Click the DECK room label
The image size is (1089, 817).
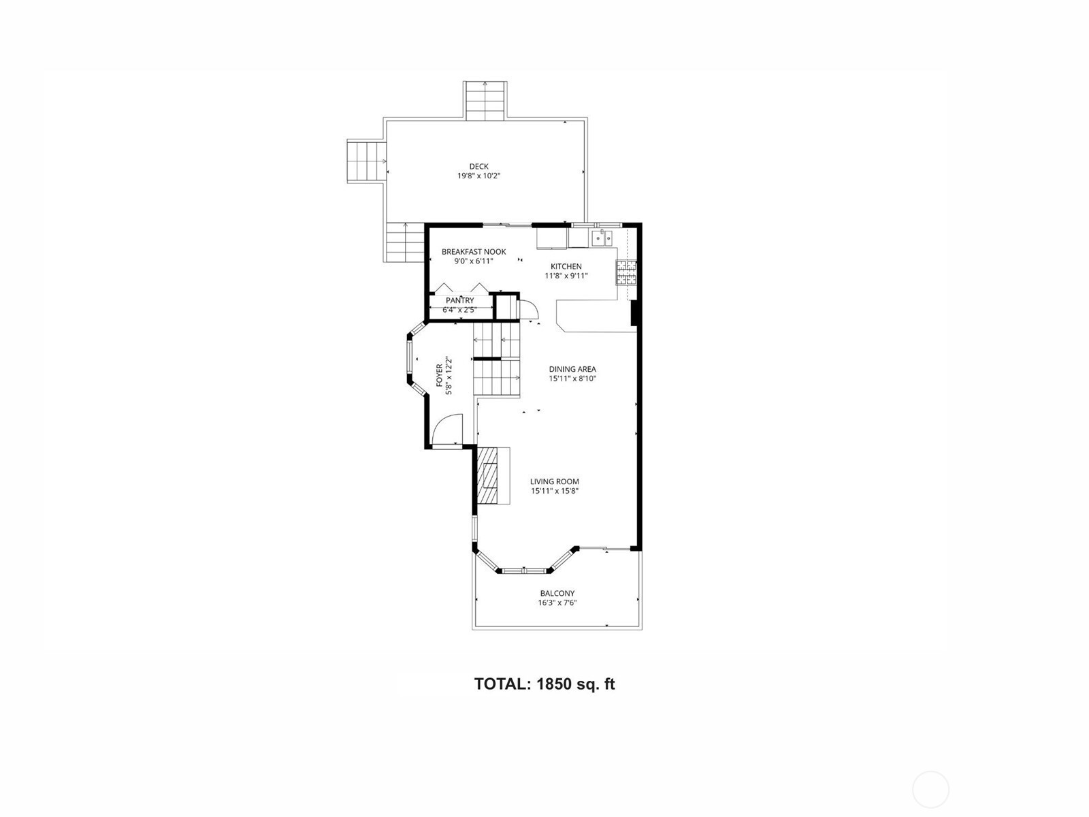pos(478,167)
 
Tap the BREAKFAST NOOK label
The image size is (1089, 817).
pos(474,252)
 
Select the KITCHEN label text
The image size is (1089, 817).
pos(566,266)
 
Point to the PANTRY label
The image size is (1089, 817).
pos(460,301)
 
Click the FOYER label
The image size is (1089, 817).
pos(440,376)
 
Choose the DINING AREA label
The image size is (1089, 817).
pos(572,369)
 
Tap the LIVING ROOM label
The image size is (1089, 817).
pos(555,481)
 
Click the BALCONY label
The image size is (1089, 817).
pos(557,593)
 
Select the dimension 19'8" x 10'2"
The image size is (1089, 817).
pos(478,176)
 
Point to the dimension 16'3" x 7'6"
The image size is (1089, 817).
pos(557,603)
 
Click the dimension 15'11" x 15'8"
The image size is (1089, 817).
pos(555,491)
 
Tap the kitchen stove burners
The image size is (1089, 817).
pos(626,272)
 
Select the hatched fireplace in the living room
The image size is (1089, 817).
pos(487,475)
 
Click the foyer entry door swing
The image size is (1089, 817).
pos(447,429)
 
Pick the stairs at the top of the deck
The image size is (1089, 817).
pos(485,101)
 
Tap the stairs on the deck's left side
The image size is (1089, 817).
pos(366,162)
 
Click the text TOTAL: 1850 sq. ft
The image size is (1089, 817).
pos(544,684)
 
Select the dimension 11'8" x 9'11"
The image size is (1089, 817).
pos(566,276)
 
